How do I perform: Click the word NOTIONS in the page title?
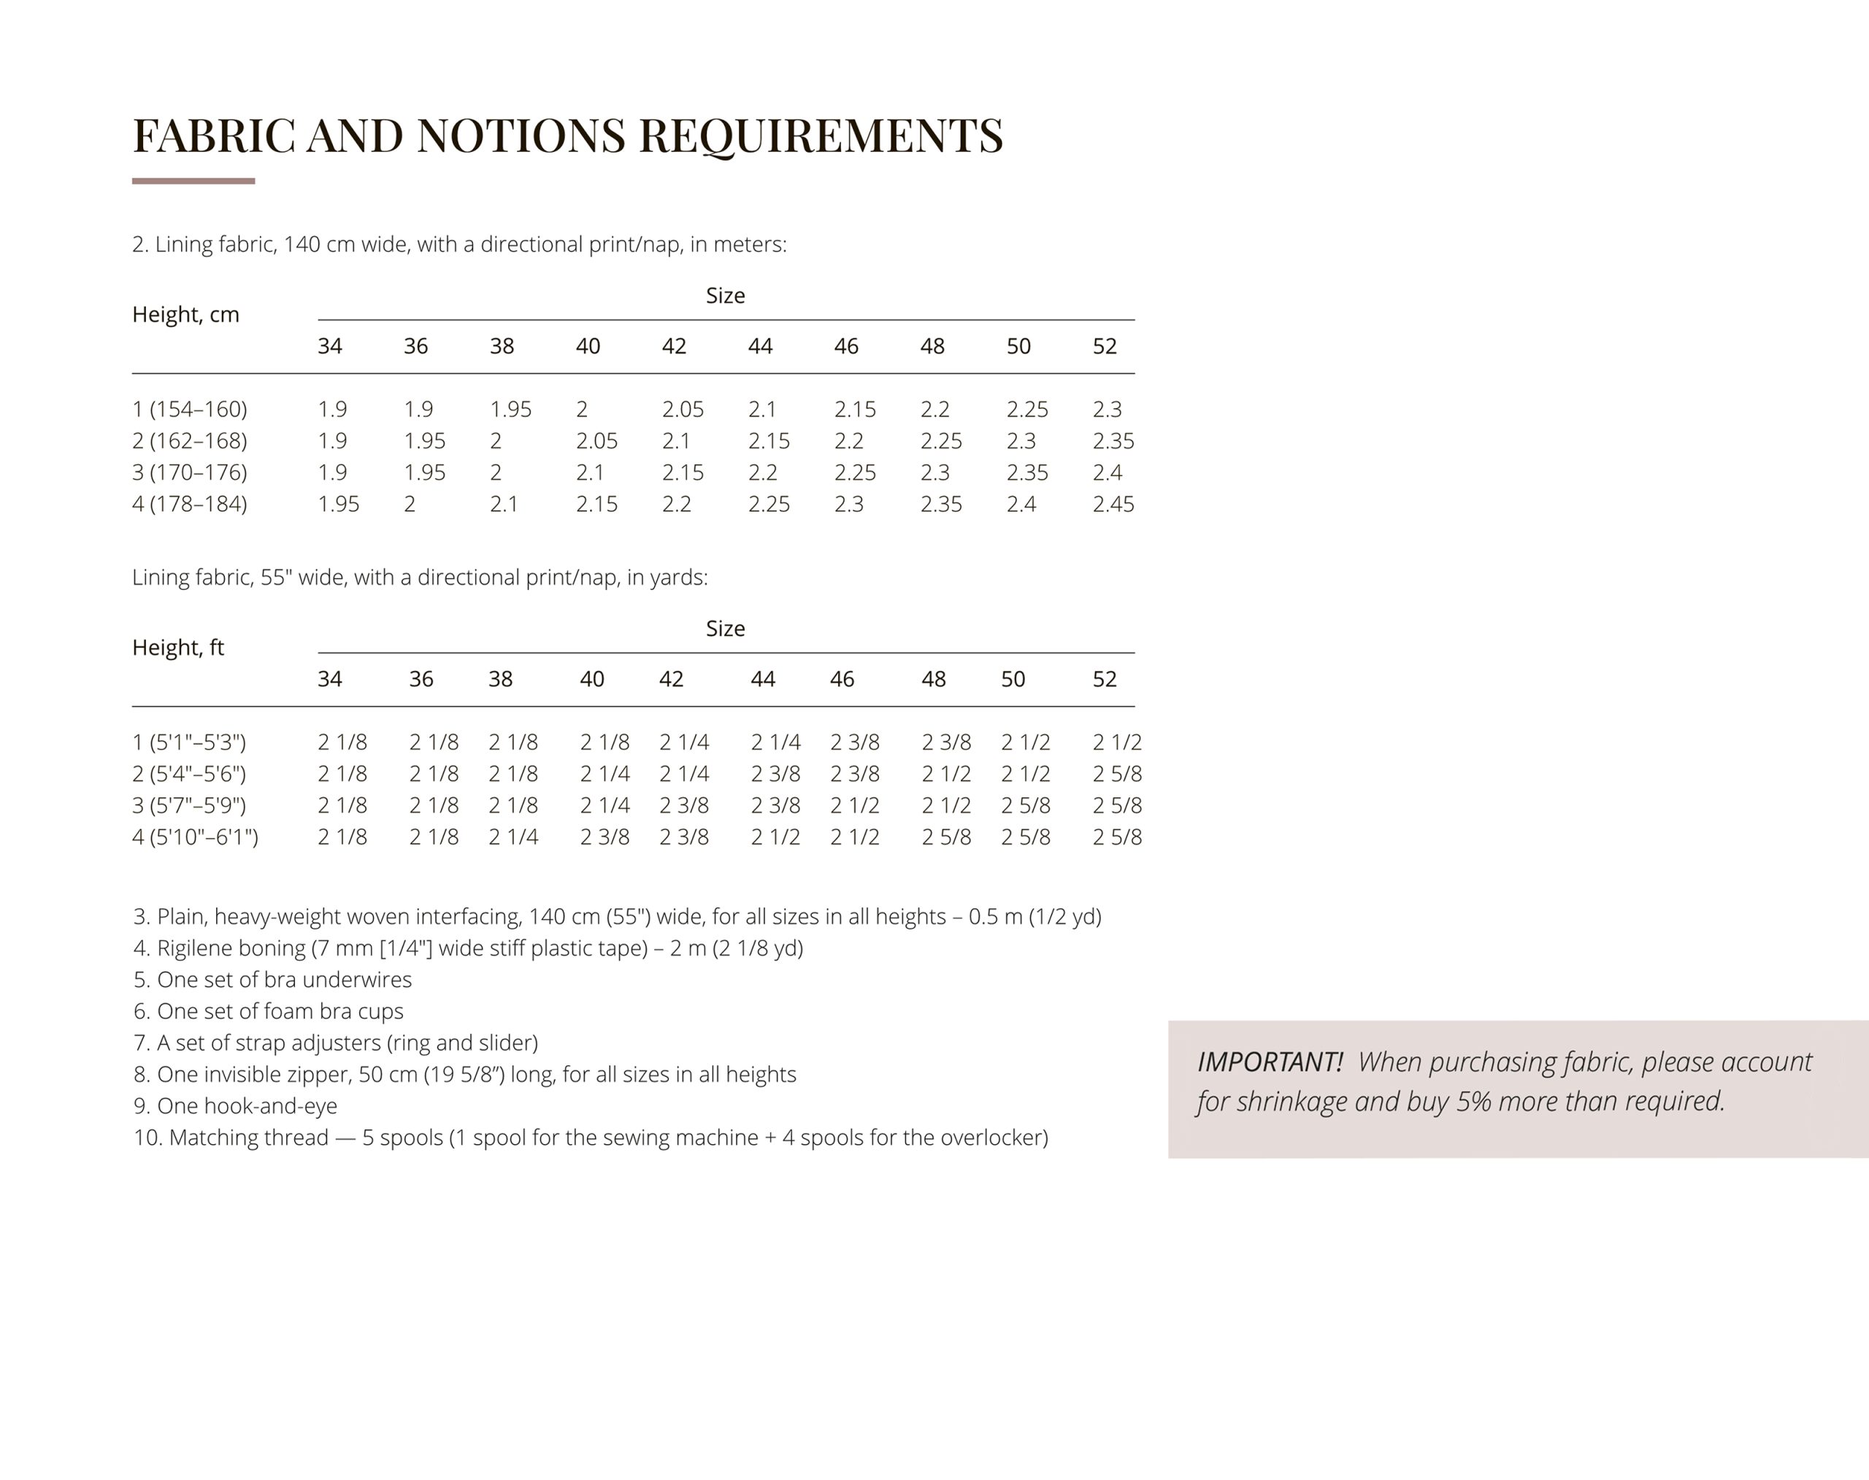(x=521, y=136)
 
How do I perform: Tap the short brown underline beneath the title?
(x=193, y=181)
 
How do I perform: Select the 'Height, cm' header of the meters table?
(x=185, y=315)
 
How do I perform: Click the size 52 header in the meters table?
(x=1104, y=347)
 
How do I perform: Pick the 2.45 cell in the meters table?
(x=1113, y=505)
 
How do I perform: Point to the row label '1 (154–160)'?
(x=190, y=409)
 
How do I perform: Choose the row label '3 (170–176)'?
(x=190, y=472)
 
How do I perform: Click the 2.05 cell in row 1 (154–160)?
(x=683, y=409)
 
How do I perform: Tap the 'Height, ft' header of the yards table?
(x=177, y=648)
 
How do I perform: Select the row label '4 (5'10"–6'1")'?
(x=195, y=837)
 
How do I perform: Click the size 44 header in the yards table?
(x=762, y=679)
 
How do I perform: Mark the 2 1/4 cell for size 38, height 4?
(x=513, y=837)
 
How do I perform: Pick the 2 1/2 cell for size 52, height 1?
(x=1117, y=743)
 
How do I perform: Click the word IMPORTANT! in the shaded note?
(x=1270, y=1062)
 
